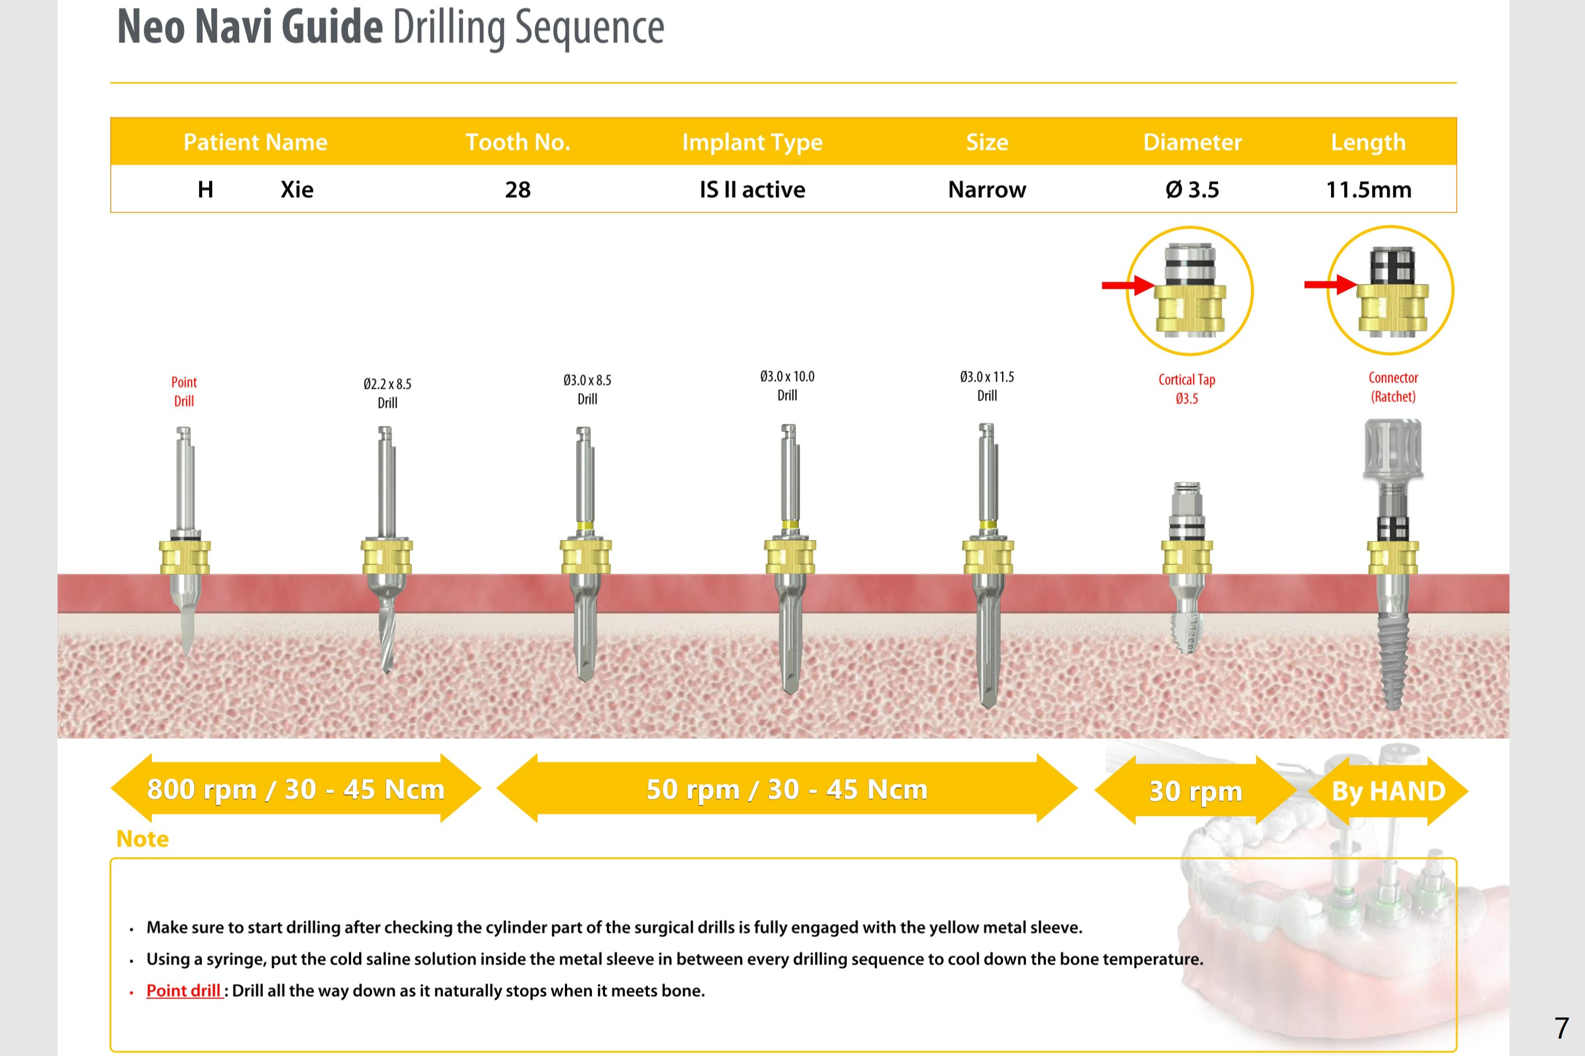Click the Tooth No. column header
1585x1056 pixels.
(x=517, y=142)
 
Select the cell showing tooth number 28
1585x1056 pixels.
(x=517, y=189)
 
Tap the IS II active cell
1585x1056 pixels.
(x=752, y=189)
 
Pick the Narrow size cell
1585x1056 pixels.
(x=987, y=189)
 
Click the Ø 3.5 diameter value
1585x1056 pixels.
(x=1192, y=189)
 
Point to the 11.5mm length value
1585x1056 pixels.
(x=1368, y=189)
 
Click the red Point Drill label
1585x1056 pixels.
(x=184, y=391)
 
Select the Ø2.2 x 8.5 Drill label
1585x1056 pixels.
(x=388, y=393)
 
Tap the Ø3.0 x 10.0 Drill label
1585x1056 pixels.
(x=787, y=386)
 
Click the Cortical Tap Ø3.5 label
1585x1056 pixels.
(x=1186, y=388)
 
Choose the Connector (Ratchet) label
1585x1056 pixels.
(x=1393, y=387)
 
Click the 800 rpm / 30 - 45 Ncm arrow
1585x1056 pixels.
(x=296, y=788)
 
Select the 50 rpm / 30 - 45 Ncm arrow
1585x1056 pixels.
(x=787, y=788)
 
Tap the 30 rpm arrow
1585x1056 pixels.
(x=1196, y=790)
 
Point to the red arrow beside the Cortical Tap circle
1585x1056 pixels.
(x=1129, y=286)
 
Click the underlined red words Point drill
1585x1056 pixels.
(x=183, y=991)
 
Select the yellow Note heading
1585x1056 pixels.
(x=142, y=839)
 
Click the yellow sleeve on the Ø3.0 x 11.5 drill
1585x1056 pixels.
(x=987, y=556)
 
